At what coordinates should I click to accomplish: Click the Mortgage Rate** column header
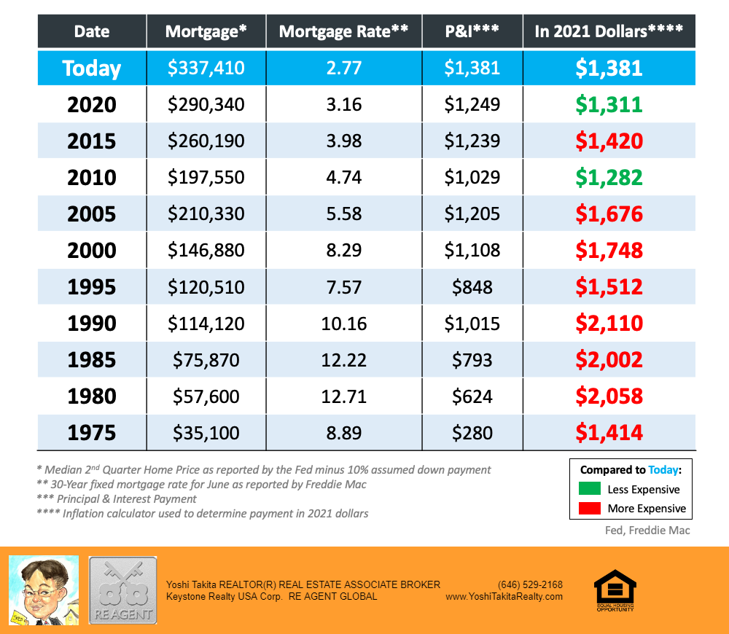pyautogui.click(x=343, y=31)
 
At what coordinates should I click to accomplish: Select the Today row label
pyautogui.click(x=91, y=68)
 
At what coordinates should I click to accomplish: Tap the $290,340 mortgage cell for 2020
pyautogui.click(x=206, y=104)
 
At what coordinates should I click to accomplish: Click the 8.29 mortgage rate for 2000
pyautogui.click(x=343, y=250)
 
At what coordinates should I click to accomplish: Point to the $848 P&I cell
pyautogui.click(x=472, y=286)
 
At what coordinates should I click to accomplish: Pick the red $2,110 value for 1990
pyautogui.click(x=609, y=323)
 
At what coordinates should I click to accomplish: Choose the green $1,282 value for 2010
pyautogui.click(x=609, y=177)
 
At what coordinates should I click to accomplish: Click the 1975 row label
pyautogui.click(x=91, y=432)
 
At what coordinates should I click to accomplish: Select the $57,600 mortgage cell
pyautogui.click(x=206, y=396)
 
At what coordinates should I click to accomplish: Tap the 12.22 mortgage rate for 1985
pyautogui.click(x=343, y=359)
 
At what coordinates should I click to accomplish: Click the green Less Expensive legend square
pyautogui.click(x=590, y=489)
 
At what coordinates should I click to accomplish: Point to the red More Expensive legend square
pyautogui.click(x=590, y=508)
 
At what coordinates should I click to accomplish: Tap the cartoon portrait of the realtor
pyautogui.click(x=43, y=590)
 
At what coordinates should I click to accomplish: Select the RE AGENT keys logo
pyautogui.click(x=122, y=590)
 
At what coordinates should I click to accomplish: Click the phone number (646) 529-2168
pyautogui.click(x=530, y=584)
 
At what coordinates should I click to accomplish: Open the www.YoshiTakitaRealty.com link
pyautogui.click(x=504, y=596)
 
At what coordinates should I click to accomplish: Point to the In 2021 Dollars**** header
pyautogui.click(x=609, y=31)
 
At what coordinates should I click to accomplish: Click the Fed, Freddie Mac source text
pyautogui.click(x=647, y=530)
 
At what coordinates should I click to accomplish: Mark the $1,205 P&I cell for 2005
pyautogui.click(x=472, y=214)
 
